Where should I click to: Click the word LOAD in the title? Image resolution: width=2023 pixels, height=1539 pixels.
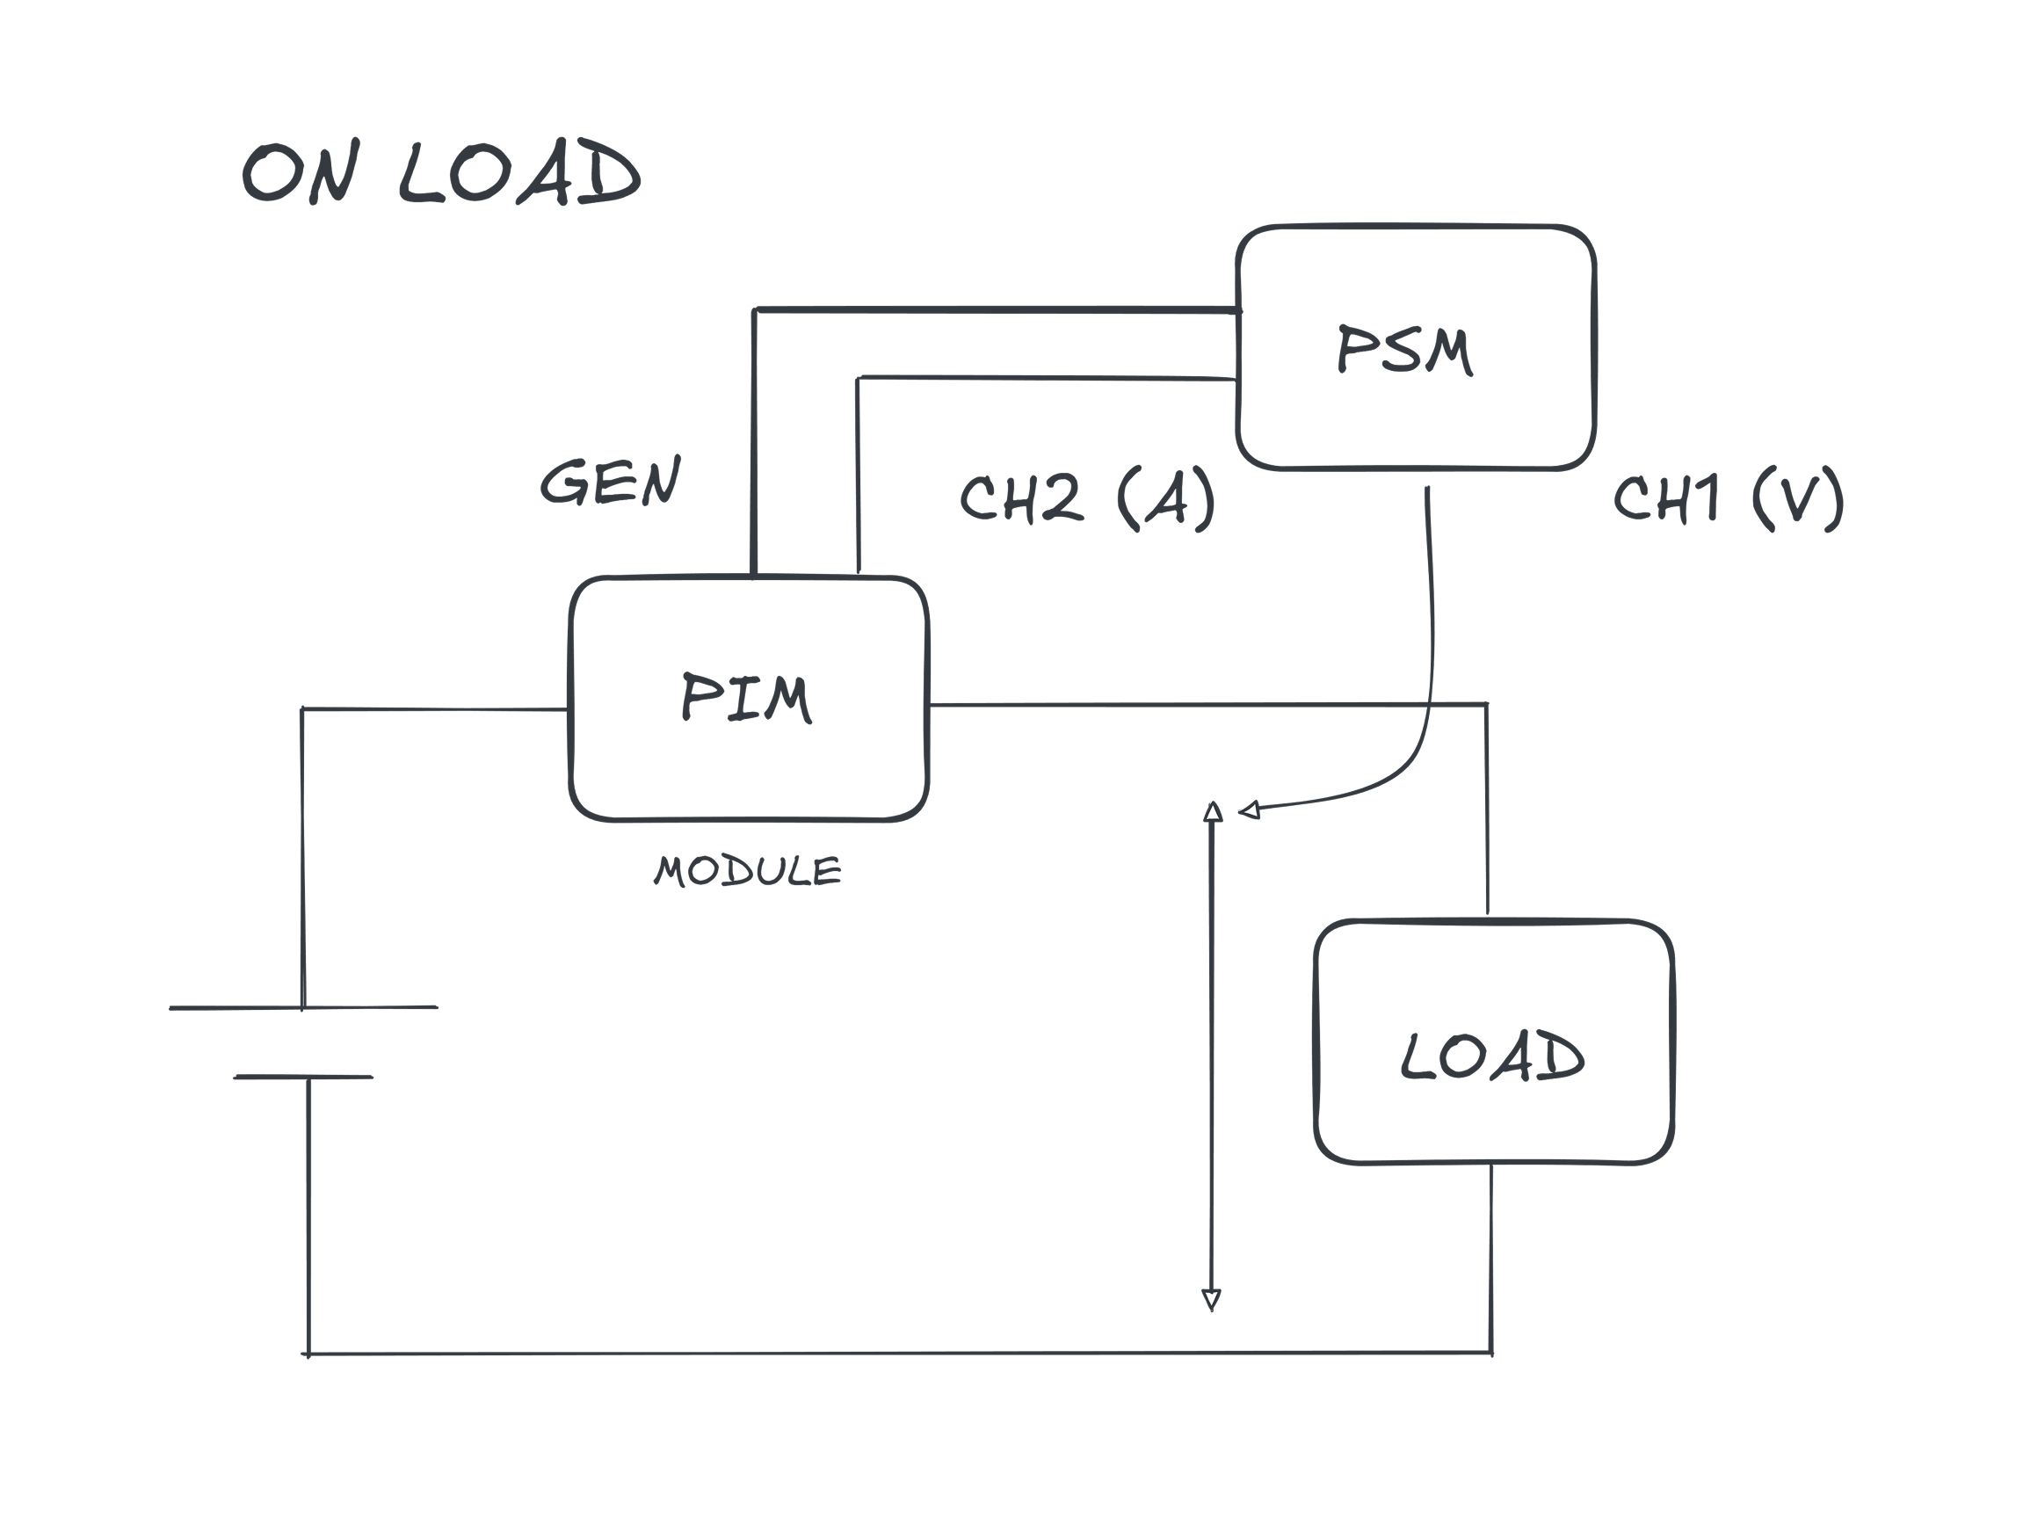click(520, 174)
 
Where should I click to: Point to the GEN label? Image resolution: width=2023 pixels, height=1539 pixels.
click(611, 482)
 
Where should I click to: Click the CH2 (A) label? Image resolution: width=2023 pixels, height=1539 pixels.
click(1087, 498)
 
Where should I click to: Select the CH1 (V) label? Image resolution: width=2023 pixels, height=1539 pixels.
click(1727, 498)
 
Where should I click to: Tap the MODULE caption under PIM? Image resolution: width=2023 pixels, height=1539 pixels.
click(747, 871)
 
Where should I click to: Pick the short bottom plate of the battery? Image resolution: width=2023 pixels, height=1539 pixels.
click(303, 1078)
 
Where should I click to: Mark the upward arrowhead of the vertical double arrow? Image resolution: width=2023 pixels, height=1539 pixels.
click(1212, 811)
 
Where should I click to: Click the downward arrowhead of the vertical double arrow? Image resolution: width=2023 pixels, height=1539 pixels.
click(1212, 1298)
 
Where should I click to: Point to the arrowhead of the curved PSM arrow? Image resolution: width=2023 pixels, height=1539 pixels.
click(1248, 809)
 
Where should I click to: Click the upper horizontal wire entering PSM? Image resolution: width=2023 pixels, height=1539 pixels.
click(998, 310)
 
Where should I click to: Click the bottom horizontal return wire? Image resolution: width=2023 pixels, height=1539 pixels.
click(897, 1352)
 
